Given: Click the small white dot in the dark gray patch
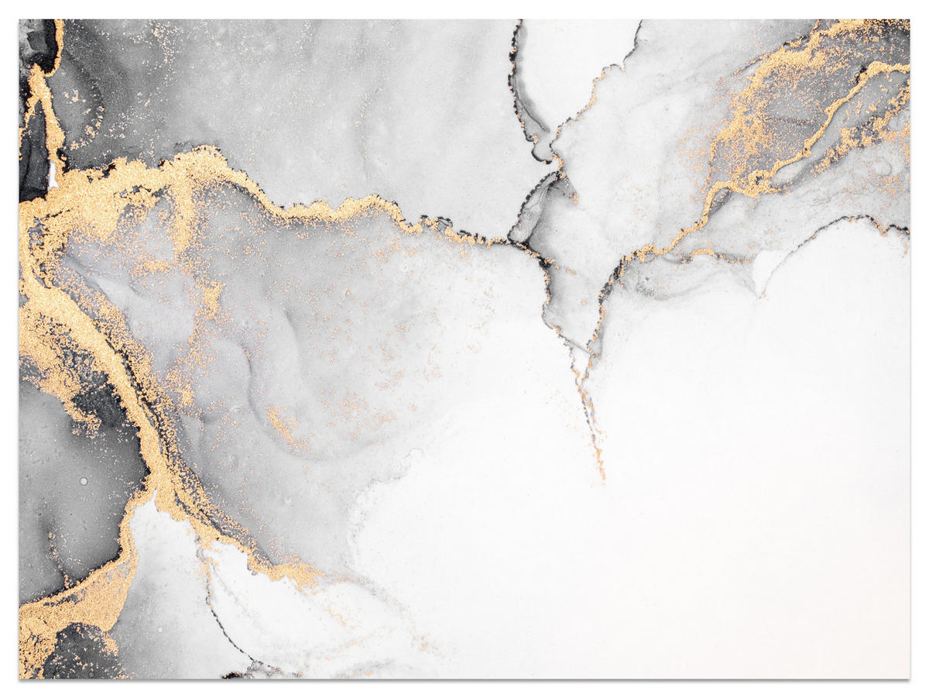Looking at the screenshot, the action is click(x=84, y=481).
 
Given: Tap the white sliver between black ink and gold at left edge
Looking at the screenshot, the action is click(x=53, y=177).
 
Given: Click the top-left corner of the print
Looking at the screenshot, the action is click(x=19, y=20).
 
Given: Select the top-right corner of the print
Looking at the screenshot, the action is click(x=910, y=20).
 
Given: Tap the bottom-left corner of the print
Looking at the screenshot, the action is click(x=19, y=679).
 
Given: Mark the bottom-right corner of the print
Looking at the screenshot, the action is click(x=910, y=679).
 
